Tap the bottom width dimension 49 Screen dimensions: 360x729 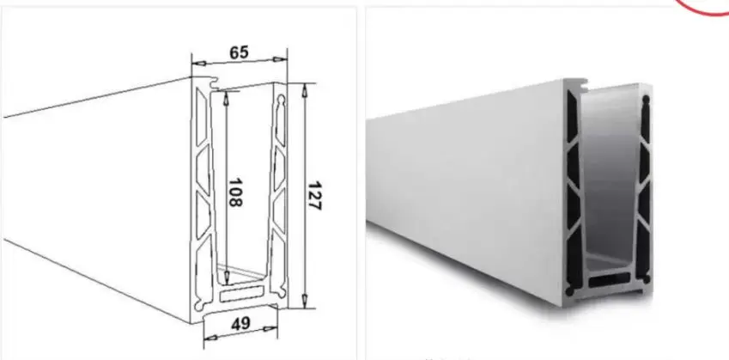pyautogui.click(x=240, y=323)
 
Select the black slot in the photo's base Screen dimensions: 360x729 pyautogui.click(x=606, y=281)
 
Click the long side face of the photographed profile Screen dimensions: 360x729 pyautogui.click(x=464, y=172)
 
